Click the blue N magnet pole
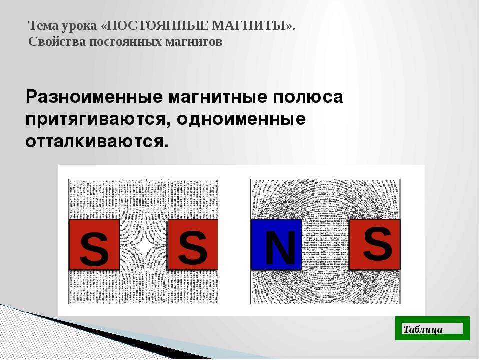pos(276,245)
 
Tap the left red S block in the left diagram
pos(94,245)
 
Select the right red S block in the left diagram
pos(193,245)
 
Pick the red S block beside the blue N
pos(375,244)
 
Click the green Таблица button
pos(432,328)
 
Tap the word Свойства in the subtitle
pos(57,42)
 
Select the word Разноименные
pos(94,97)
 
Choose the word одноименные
pos(241,119)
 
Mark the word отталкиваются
pos(97,141)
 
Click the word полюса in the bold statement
pos(308,97)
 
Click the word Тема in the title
pos(43,26)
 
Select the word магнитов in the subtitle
pos(194,42)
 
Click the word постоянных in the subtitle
pos(126,42)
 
